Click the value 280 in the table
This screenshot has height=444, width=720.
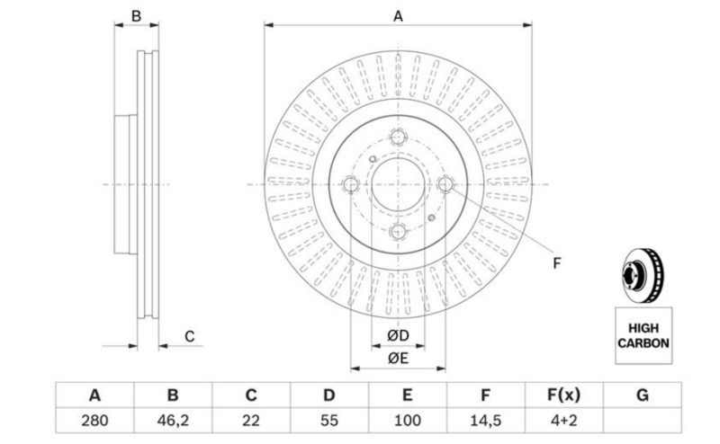94,420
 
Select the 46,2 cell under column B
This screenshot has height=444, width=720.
173,420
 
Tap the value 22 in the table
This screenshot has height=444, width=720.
251,420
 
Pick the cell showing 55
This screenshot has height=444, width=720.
329,420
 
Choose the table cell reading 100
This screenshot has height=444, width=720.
408,420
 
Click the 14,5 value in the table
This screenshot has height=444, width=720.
485,420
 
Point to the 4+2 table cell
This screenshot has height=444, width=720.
563,420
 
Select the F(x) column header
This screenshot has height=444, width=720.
563,395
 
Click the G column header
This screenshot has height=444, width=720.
643,395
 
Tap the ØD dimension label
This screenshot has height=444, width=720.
398,336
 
